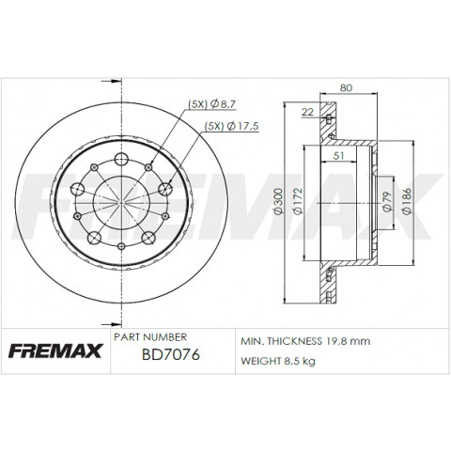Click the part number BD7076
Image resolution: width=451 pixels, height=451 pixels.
coord(171,355)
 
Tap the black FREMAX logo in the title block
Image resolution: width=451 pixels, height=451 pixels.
coord(55,350)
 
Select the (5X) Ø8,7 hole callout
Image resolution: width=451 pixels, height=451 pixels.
coord(211,104)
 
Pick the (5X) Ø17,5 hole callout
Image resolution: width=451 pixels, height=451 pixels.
coord(231,126)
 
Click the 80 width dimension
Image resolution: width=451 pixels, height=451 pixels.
coord(346,87)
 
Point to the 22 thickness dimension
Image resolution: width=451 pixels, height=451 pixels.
coord(307,112)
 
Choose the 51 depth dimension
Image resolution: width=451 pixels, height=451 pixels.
coord(338,156)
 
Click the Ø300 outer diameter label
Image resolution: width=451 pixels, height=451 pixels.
coord(278,201)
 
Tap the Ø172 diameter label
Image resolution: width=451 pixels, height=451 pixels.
coord(298,201)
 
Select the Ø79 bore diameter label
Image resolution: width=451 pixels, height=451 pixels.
coord(387,201)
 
